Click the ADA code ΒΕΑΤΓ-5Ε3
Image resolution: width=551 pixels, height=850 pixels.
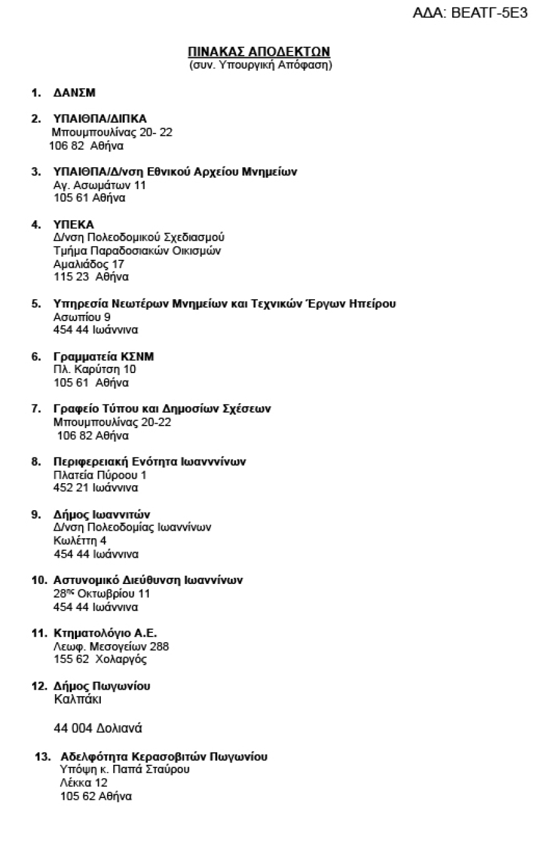(470, 13)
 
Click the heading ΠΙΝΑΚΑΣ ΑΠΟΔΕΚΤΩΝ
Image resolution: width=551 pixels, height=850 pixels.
(259, 51)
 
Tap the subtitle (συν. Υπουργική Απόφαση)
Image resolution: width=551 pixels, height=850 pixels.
(260, 64)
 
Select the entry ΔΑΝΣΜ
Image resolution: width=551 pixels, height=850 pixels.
(74, 93)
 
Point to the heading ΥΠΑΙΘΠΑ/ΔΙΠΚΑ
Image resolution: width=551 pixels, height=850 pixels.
(100, 119)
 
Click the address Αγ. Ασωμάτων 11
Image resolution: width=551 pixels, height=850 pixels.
(100, 185)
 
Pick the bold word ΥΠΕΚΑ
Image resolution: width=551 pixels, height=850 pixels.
(73, 225)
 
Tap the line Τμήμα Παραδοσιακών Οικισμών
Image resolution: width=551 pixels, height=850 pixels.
(137, 251)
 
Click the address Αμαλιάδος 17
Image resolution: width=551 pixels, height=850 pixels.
(89, 264)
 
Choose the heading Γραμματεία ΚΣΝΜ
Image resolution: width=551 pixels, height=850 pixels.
(103, 357)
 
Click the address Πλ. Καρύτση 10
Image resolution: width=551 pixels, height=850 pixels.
(95, 369)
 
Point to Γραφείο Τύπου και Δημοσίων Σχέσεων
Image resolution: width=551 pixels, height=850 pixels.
(162, 409)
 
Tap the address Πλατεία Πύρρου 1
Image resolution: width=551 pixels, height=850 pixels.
(100, 475)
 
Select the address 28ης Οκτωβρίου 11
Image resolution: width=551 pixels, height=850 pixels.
(102, 593)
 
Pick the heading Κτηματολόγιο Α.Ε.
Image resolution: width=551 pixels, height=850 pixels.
(105, 633)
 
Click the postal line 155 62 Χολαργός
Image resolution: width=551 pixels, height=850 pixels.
(100, 660)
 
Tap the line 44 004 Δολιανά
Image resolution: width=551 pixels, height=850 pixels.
(98, 729)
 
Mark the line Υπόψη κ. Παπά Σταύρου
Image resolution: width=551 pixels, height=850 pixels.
(125, 769)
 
